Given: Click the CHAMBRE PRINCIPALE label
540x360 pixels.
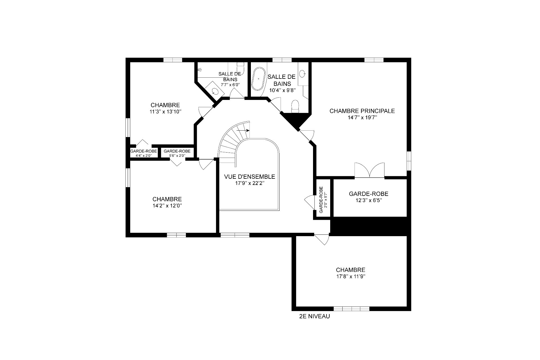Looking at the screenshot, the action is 362,111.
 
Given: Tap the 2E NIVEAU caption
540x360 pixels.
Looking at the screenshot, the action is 314,316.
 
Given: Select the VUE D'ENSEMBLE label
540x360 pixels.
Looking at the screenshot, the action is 249,177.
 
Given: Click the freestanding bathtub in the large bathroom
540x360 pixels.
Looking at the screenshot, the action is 258,79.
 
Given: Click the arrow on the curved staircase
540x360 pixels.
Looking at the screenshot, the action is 243,130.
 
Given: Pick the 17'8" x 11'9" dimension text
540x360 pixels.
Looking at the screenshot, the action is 350,276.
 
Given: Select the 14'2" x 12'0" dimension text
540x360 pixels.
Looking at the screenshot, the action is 167,205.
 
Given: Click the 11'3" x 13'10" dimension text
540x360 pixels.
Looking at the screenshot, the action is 165,111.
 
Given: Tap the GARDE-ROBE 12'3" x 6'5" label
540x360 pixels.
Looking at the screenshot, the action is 368,197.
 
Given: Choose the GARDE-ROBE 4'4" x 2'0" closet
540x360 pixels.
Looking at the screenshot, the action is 144,153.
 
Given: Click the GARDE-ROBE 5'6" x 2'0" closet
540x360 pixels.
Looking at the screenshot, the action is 177,153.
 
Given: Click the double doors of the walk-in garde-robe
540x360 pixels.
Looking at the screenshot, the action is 369,170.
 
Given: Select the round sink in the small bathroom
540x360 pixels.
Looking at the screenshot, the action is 215,91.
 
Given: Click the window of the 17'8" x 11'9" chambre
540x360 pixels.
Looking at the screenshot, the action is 351,308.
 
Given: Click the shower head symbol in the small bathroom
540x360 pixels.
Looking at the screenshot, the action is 200,69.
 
